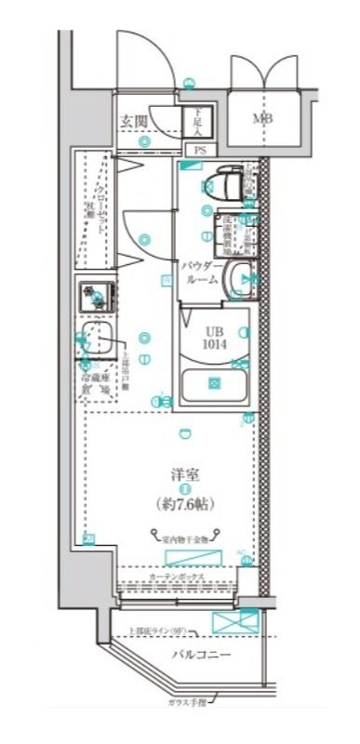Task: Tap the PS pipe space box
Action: (x=200, y=149)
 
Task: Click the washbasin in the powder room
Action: (x=240, y=276)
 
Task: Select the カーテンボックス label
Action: (x=177, y=578)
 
